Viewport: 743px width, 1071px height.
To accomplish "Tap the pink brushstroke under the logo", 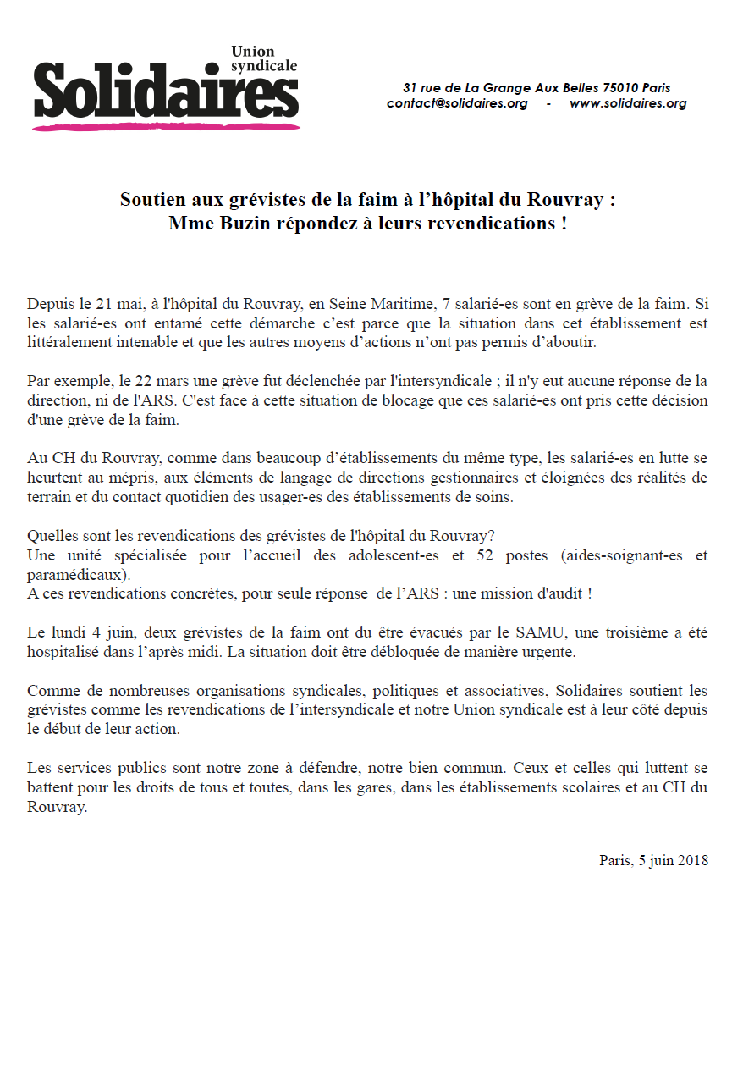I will pyautogui.click(x=166, y=127).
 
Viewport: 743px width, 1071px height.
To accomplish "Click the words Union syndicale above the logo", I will pyautogui.click(x=264, y=58).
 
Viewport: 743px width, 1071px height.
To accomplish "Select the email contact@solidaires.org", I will pyautogui.click(x=457, y=103).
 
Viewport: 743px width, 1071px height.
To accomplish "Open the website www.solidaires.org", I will pyautogui.click(x=627, y=103).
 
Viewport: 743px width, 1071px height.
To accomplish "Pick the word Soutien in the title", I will pyautogui.click(x=152, y=201).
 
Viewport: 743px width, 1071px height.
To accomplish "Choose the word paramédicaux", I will pyautogui.click(x=78, y=575).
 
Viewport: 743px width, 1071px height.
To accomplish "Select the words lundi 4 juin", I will pyautogui.click(x=90, y=632).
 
